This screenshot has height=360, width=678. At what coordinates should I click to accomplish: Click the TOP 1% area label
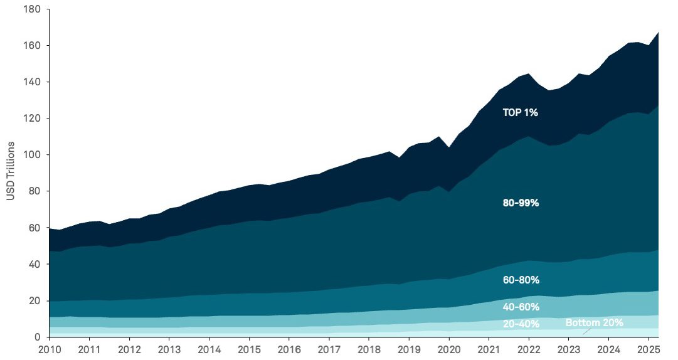pos(520,113)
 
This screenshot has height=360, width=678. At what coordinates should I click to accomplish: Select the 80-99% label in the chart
pos(521,203)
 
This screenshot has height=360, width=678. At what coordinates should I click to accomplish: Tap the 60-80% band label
pos(521,280)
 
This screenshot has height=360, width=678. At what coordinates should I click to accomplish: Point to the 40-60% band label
pos(521,307)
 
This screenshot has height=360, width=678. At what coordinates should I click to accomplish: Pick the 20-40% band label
pos(521,324)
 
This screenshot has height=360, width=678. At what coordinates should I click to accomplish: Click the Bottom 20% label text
pos(594,323)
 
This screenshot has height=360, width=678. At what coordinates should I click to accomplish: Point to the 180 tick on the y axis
pos(32,10)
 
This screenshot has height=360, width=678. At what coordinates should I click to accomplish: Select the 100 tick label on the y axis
pos(32,155)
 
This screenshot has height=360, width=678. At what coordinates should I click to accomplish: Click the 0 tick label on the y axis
pos(37,337)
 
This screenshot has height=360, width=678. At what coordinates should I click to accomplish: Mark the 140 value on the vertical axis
pos(32,82)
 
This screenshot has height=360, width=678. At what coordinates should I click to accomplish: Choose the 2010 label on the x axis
pos(49,349)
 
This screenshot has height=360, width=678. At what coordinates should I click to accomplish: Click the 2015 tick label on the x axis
pos(249,349)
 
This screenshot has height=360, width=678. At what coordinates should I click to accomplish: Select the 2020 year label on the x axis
pos(448,349)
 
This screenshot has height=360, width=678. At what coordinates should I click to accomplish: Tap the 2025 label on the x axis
pos(649,349)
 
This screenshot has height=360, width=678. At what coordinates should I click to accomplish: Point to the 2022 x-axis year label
pos(529,349)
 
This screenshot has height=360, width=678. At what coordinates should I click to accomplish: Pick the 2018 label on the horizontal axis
pos(369,349)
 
